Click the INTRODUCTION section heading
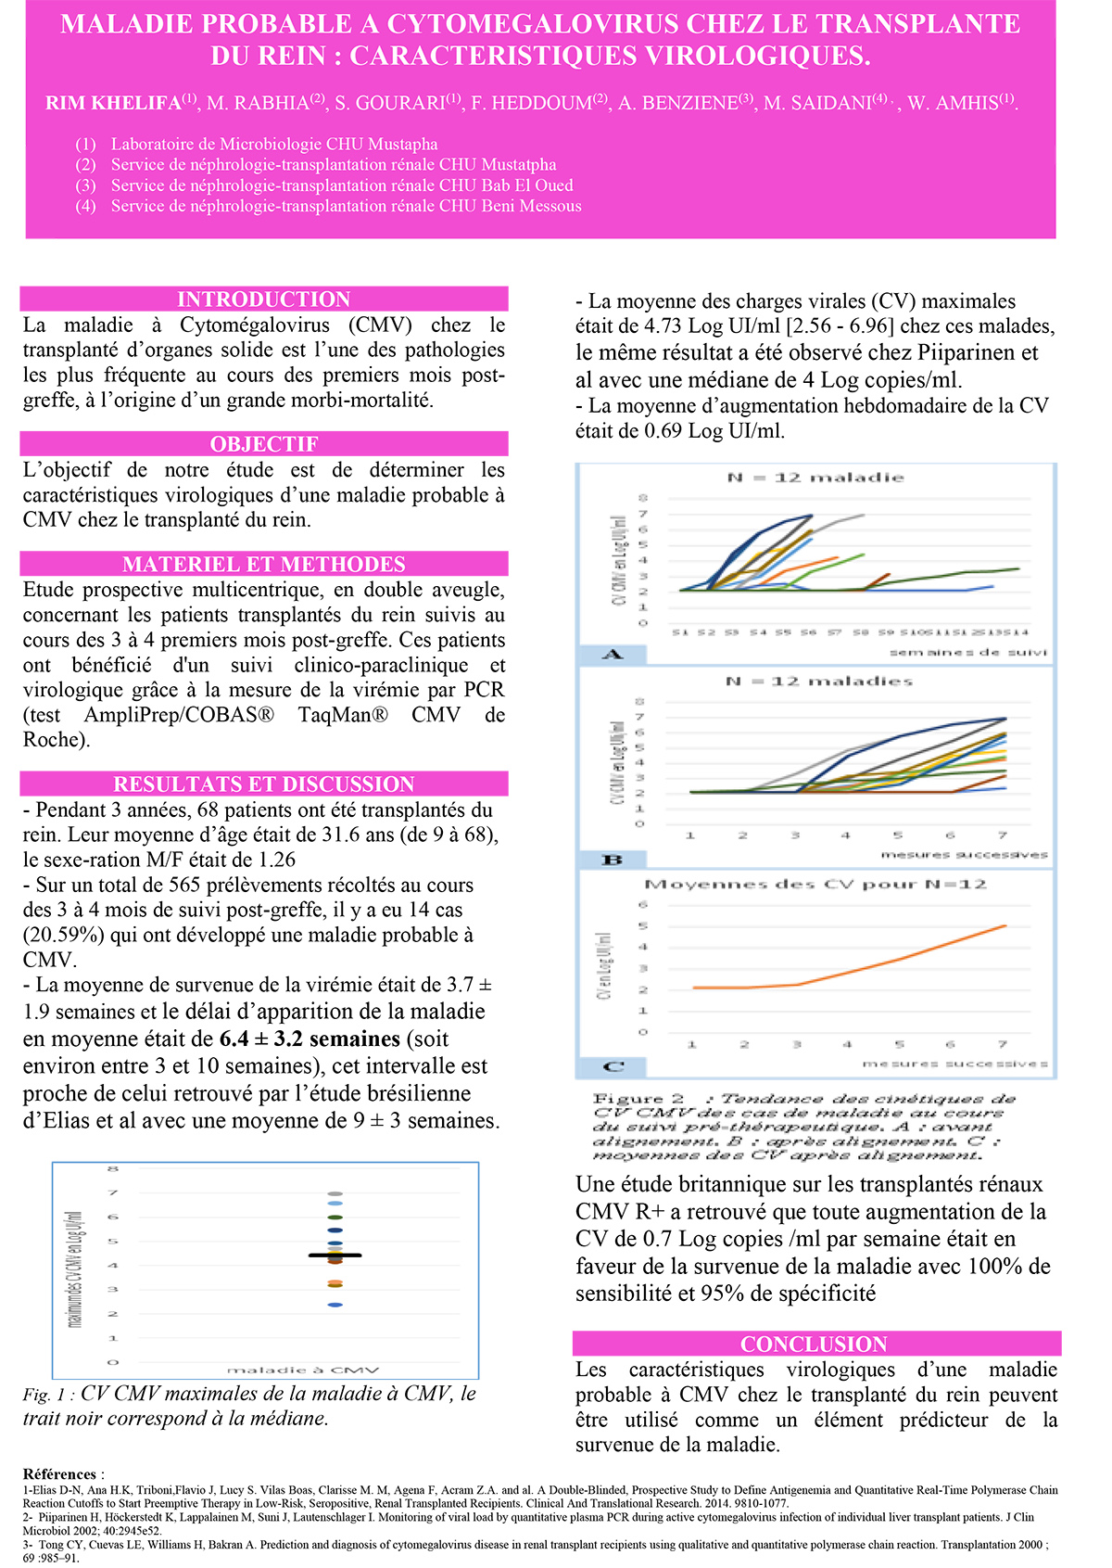point(264,300)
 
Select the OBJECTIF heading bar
point(264,444)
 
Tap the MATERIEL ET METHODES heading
point(264,565)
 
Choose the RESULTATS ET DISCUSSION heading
point(264,784)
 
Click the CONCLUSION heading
point(815,1345)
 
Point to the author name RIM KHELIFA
point(113,104)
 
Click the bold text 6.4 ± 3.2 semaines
point(310,1039)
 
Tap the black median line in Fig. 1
point(335,1256)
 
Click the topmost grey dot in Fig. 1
point(335,1193)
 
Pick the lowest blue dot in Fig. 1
point(335,1306)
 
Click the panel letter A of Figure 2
point(613,655)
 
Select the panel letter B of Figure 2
point(613,860)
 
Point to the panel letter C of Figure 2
point(613,1066)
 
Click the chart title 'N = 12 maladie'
point(815,478)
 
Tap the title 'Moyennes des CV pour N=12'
point(815,885)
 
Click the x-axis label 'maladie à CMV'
point(303,1370)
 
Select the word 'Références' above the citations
point(59,1474)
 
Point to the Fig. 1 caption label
point(48,1395)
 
